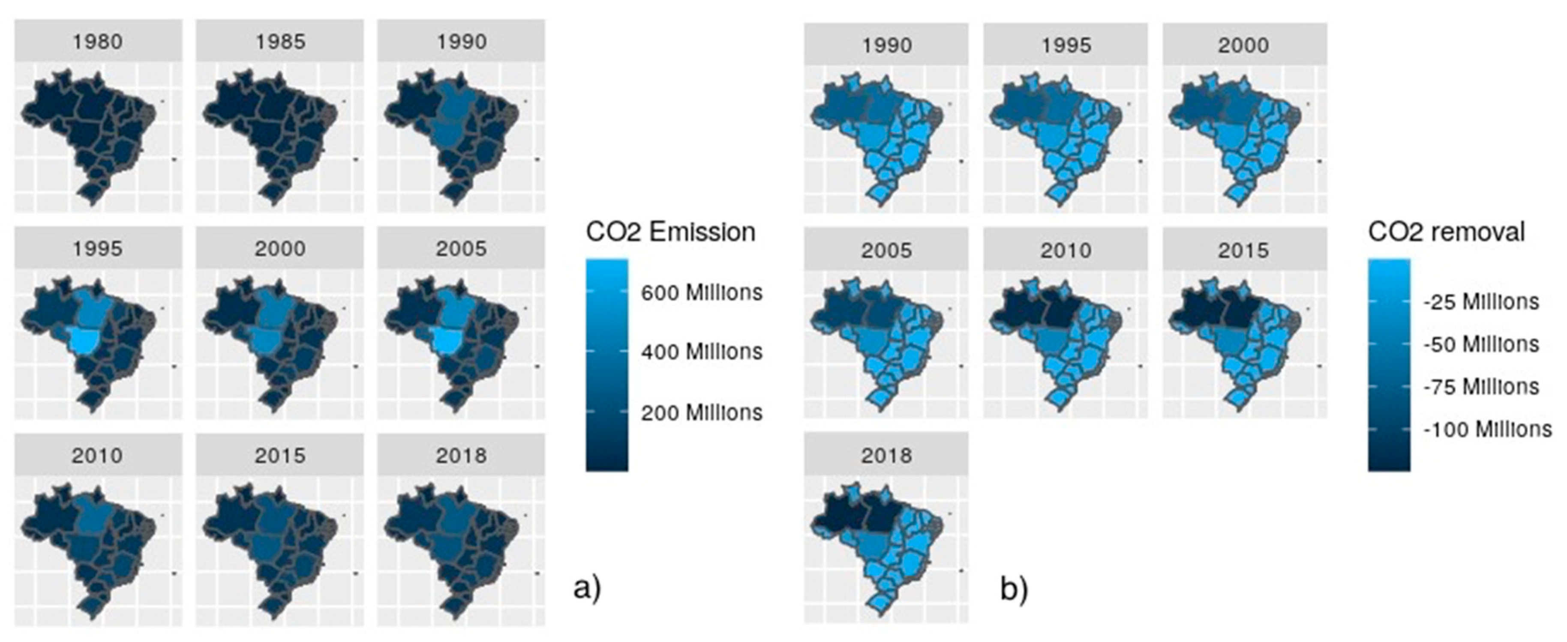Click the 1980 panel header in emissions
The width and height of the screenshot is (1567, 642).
point(97,42)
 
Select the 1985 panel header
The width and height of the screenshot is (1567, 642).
point(280,42)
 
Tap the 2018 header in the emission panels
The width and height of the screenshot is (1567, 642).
point(461,455)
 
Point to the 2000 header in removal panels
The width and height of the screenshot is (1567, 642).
point(1243,45)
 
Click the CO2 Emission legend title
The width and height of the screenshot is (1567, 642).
point(670,232)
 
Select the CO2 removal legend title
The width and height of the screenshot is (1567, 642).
point(1447,232)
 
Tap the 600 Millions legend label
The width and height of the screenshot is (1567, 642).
point(701,293)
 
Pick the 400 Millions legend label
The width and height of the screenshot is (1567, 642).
point(701,351)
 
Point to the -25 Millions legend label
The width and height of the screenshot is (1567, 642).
point(1480,302)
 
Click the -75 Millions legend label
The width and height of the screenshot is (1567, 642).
point(1480,387)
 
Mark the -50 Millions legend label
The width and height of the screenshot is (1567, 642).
point(1480,344)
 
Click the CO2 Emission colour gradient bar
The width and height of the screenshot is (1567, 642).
point(606,365)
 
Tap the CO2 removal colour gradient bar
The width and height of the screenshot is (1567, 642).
point(1389,365)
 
